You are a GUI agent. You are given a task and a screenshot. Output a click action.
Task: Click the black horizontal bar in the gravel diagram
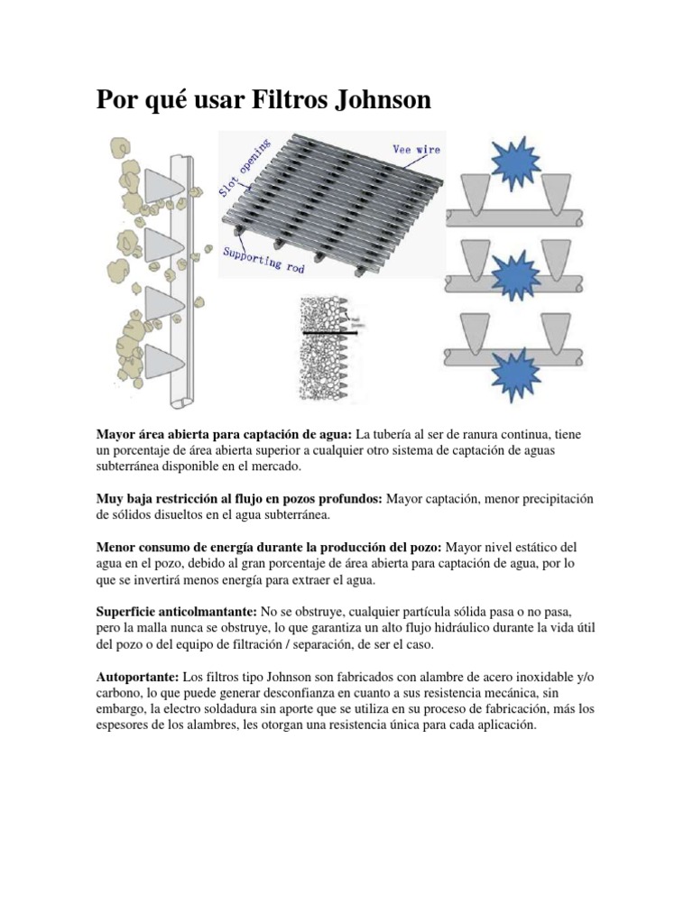329,334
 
